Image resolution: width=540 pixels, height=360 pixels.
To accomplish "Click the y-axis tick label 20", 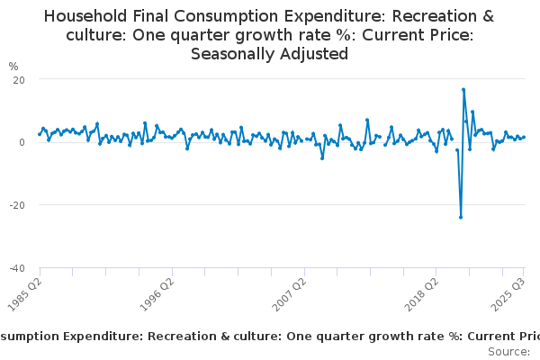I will coord(18,79).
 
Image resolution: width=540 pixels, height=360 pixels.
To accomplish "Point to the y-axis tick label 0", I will coord(21,142).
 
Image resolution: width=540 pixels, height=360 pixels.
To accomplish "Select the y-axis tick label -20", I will coord(16,205).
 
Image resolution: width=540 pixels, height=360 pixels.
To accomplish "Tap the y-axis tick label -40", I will coord(16,268).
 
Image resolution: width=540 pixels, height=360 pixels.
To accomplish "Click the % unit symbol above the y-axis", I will coord(13,66).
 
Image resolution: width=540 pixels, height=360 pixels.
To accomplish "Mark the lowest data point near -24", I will coord(461,217).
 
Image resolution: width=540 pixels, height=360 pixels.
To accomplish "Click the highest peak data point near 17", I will coord(463,89).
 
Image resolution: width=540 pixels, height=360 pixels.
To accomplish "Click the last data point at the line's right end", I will coord(525,137).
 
